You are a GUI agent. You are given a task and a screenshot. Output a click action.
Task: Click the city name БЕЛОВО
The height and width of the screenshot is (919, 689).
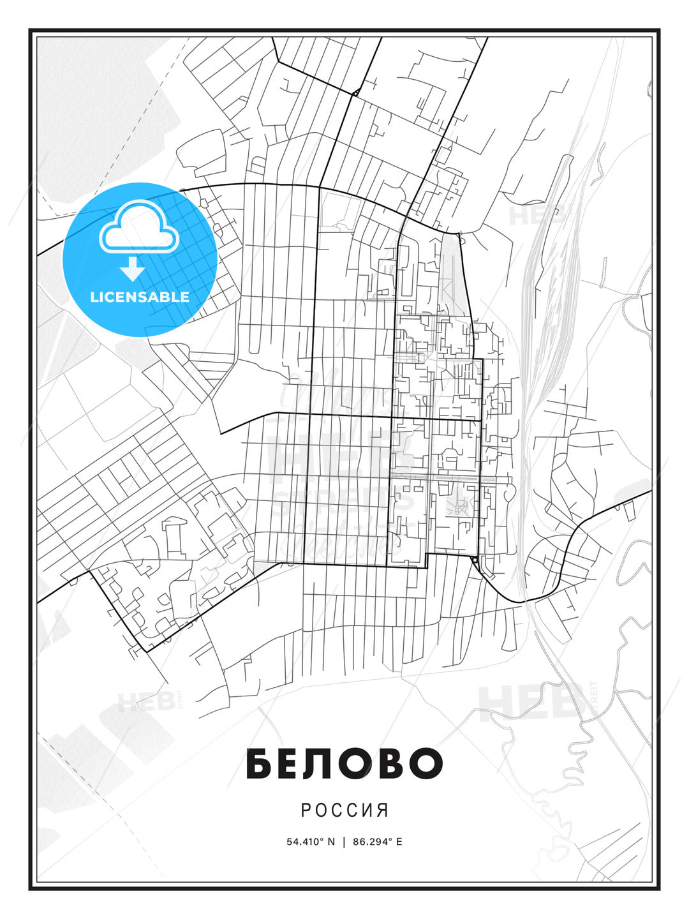pos(344,763)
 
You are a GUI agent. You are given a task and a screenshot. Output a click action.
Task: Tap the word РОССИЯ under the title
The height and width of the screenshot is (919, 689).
pos(344,810)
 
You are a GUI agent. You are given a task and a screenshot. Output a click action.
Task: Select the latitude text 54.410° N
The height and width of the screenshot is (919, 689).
pos(311,842)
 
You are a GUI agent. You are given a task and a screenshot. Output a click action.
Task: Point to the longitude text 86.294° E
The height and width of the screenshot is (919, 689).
pos(378,842)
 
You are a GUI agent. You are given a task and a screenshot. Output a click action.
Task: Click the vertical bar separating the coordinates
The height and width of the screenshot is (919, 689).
pos(344,842)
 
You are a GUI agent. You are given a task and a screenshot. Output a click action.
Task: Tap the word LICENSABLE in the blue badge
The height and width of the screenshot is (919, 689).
pos(140,297)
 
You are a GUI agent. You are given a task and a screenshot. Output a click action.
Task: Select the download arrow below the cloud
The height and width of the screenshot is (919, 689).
pos(133,269)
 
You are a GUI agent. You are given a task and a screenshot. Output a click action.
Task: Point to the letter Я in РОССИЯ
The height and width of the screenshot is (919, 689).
pos(382,810)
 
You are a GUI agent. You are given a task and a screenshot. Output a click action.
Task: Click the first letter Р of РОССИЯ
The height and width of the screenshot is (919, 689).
pos(306,810)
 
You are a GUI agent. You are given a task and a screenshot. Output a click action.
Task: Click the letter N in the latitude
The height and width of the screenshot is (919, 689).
pos(331,842)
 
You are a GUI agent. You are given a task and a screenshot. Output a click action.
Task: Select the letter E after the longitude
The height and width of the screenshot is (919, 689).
pos(399,842)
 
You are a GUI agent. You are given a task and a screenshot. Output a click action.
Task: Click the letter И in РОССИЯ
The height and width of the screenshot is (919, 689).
pos(367,810)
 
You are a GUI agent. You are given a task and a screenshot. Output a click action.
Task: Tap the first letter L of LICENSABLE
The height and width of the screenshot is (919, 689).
pos(94,297)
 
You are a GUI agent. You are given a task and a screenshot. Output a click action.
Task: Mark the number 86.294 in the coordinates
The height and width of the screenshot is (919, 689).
pos(370,842)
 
